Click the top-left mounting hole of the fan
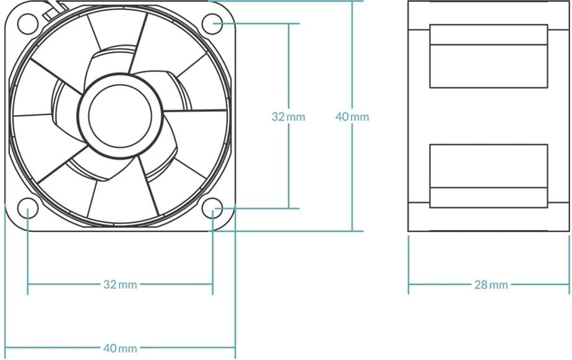coord(28,24)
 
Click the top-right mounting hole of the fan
coord(212,24)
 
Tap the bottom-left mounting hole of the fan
coord(28,208)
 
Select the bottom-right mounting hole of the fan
coord(212,208)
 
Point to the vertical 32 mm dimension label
coord(288,116)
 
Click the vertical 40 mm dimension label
coord(352,116)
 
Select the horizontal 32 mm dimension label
coord(120,285)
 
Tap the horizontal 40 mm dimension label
coord(120,348)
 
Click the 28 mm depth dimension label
coord(491,285)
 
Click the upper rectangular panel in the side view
coord(488,56)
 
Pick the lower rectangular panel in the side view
coord(488,176)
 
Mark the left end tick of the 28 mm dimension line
coord(409,285)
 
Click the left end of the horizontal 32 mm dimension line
coord(28,285)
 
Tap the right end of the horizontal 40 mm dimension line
coord(235,348)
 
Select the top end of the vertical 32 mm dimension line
coord(288,24)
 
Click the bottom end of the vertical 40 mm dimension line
coord(352,231)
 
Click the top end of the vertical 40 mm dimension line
coord(352,1)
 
